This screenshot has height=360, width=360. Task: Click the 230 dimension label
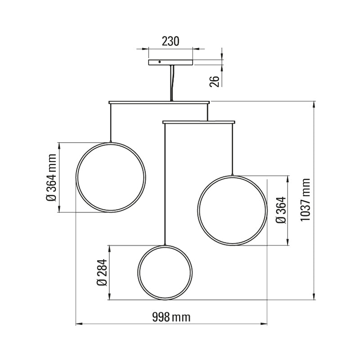click(x=171, y=41)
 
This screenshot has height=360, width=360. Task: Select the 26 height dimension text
click(x=215, y=81)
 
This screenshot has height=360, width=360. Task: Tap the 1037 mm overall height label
click(x=306, y=200)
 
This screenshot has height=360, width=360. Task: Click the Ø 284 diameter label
click(x=101, y=273)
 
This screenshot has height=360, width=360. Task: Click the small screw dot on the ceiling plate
click(x=159, y=62)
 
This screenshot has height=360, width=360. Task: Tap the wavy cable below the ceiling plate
click(x=171, y=83)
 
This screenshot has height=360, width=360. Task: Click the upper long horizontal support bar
click(x=159, y=103)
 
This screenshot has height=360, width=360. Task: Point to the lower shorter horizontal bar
click(x=198, y=121)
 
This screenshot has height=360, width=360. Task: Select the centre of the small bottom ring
click(x=166, y=272)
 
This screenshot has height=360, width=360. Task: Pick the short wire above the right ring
click(x=232, y=148)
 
